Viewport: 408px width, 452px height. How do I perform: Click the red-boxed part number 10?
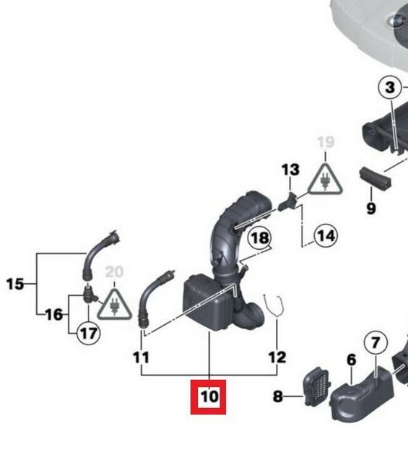208,396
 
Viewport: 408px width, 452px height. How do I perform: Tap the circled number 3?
390,89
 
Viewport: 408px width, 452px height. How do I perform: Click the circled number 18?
259,238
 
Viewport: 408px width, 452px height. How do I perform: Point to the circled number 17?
88,334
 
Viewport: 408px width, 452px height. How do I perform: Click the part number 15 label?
14,284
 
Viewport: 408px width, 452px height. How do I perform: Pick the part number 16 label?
53,314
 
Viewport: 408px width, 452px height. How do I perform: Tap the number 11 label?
141,357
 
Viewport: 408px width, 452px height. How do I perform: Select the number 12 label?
277,357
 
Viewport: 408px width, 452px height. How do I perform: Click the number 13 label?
290,170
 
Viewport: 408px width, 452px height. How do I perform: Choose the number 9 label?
370,209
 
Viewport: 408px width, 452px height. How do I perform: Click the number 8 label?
278,396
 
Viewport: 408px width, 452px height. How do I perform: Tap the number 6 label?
351,360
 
